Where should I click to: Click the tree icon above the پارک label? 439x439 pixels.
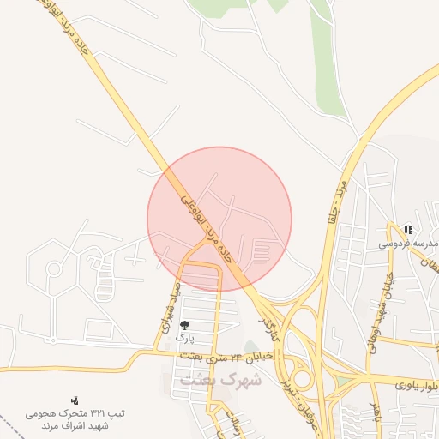185,325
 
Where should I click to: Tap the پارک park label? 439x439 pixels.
185,338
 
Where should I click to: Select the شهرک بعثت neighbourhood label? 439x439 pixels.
204,377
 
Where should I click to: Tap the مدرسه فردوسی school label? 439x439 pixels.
408,243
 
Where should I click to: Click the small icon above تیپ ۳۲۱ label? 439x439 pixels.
75,399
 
